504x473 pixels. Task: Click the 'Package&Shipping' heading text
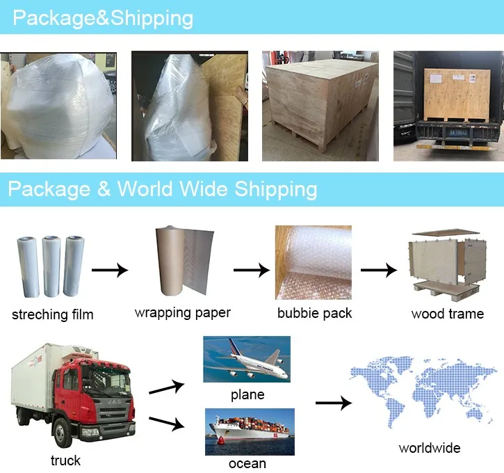pos(103,17)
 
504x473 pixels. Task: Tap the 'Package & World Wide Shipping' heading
pos(163,189)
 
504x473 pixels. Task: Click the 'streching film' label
pos(52,315)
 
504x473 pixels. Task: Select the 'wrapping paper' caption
pos(182,313)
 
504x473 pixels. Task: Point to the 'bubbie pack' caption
pos(314,313)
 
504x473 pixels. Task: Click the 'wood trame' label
pos(447,314)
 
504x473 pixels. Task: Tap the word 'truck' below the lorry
pos(65,460)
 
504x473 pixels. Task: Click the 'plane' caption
pos(247,394)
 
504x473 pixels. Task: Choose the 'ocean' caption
pos(247,463)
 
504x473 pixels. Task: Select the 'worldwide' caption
pos(429,448)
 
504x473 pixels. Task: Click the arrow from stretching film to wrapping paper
pos(111,269)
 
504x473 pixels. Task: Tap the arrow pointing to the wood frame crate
pos(378,269)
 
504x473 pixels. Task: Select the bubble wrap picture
pos(313,262)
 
